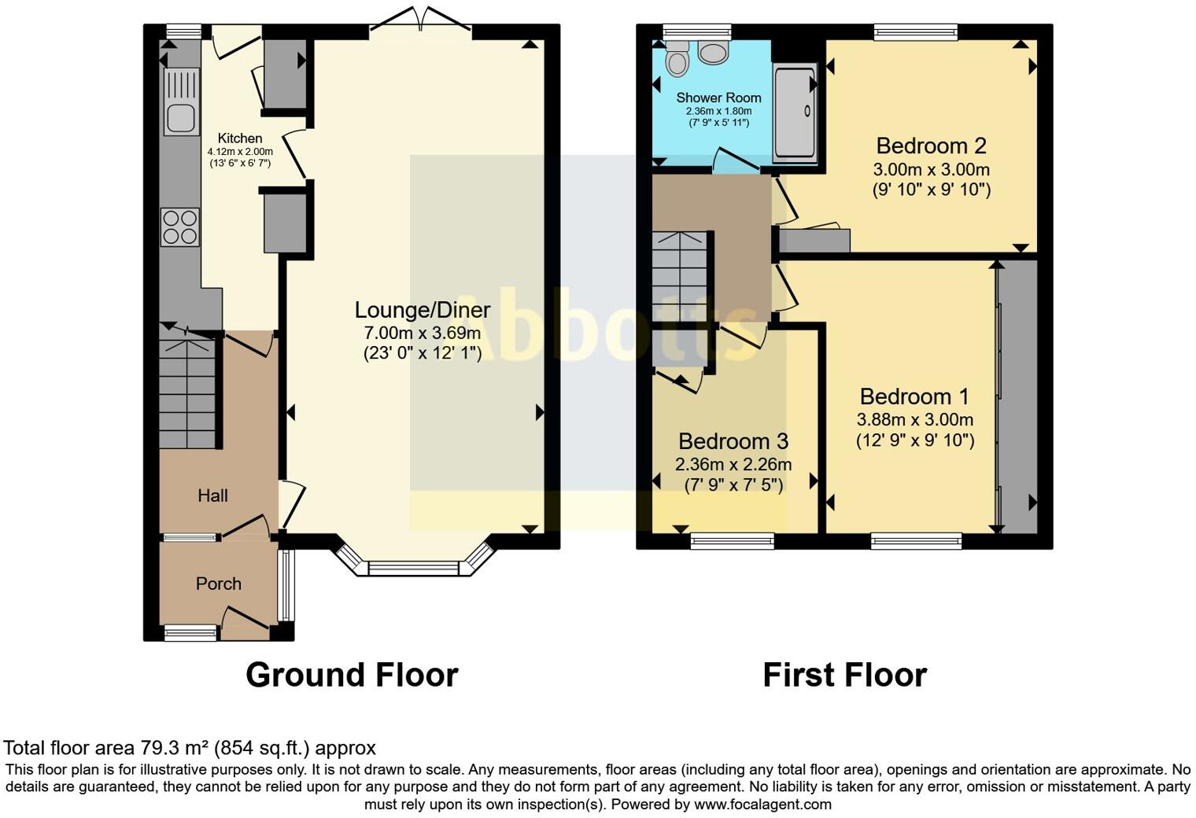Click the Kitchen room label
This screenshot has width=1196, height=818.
pos(240,138)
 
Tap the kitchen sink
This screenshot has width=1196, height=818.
pos(180,117)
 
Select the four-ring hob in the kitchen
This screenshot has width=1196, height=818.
pos(179,227)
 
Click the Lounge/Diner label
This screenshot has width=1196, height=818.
pos(423,310)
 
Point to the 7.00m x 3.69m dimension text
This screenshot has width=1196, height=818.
pos(423,333)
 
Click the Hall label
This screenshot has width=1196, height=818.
pos(212,496)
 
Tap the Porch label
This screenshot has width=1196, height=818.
pos(218,584)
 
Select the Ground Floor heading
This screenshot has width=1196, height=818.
pos(352,675)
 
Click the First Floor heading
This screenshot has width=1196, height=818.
pos(844,675)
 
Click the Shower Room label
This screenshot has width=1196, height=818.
pos(718,98)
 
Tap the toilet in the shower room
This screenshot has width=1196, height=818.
pos(677,59)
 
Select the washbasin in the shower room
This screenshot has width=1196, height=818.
pos(714,53)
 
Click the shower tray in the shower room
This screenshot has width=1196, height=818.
pos(795,113)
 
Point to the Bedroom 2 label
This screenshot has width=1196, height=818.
pos(931,146)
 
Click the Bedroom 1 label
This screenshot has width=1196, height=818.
pos(914,396)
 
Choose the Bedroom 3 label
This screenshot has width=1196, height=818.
pos(733,441)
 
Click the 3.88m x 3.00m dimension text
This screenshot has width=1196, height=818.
pos(914,419)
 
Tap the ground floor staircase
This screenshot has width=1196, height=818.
pos(187,393)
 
